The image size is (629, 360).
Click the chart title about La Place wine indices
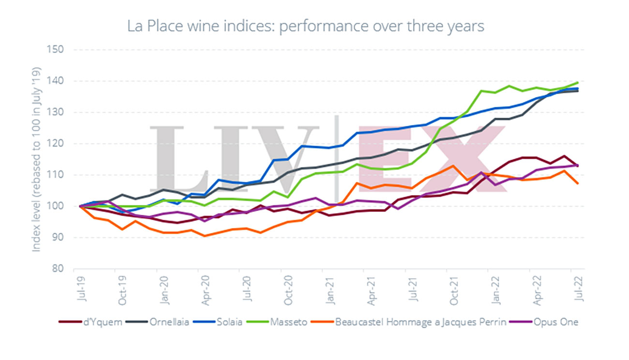pyautogui.click(x=305, y=26)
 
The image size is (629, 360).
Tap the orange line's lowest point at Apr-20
pyautogui.click(x=205, y=236)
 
